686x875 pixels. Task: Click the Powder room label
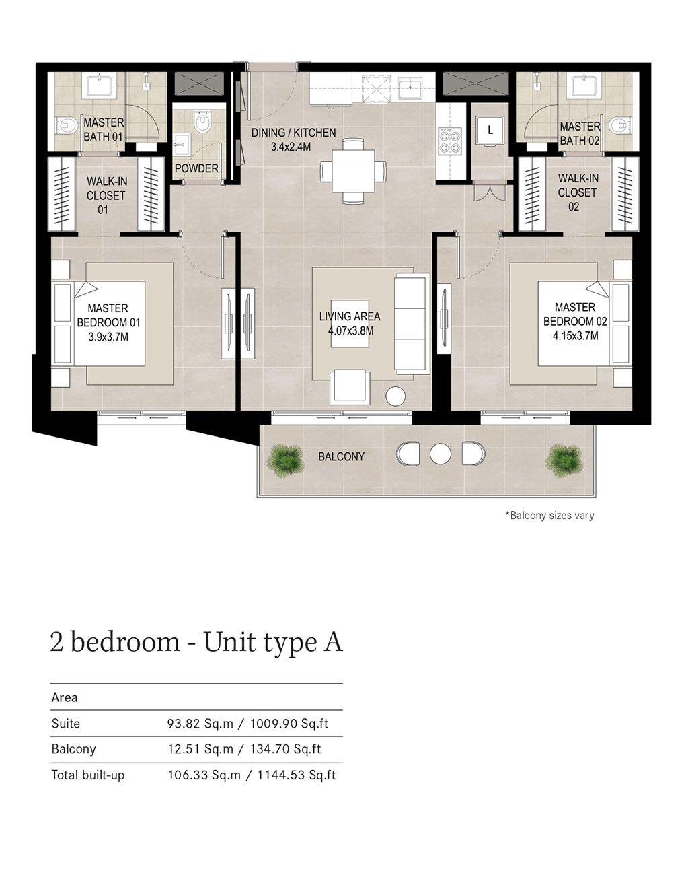[x=196, y=168]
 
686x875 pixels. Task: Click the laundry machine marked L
[x=490, y=131]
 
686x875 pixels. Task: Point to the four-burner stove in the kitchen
[x=449, y=139]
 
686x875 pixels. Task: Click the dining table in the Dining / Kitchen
[x=353, y=170]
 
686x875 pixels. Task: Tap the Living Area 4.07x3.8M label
[x=349, y=324]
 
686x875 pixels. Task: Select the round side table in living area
[x=395, y=396]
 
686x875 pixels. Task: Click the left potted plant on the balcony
[x=285, y=459]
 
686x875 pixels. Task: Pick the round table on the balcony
[x=440, y=454]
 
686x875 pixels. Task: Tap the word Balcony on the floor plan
[x=341, y=456]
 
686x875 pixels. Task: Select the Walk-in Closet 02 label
[x=577, y=193]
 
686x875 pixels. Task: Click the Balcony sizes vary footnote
[x=549, y=516]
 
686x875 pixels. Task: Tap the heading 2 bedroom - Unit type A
[x=196, y=641]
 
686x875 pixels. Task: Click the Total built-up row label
[x=88, y=775]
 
